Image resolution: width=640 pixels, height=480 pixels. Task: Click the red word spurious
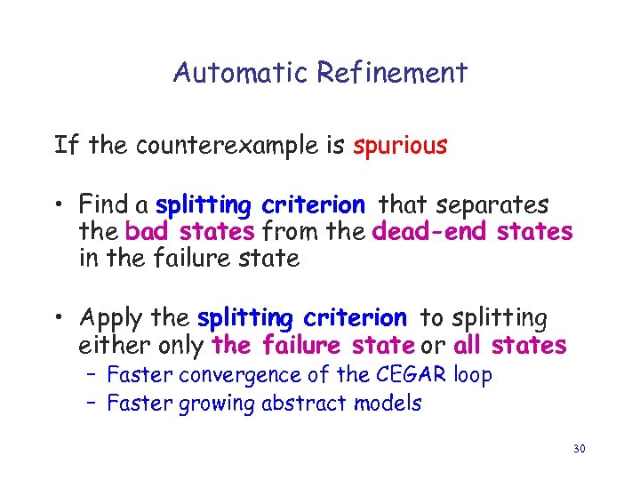point(400,146)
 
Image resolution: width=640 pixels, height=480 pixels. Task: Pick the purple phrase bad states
point(190,232)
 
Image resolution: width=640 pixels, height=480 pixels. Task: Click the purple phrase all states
point(509,345)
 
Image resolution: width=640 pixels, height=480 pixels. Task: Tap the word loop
point(472,376)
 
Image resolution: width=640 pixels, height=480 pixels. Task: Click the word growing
point(216,404)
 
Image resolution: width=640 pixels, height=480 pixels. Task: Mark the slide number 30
point(579,449)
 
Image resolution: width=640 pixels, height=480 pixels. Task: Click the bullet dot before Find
point(60,206)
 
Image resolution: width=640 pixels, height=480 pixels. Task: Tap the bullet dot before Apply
point(60,318)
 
